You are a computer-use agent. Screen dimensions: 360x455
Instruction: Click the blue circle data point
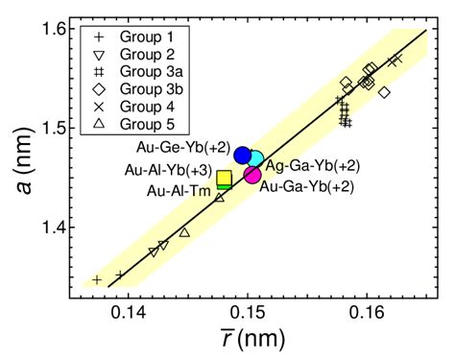pyautogui.click(x=242, y=155)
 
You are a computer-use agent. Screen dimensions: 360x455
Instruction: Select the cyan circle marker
pyautogui.click(x=254, y=158)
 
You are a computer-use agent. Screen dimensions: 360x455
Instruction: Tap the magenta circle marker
pyautogui.click(x=252, y=174)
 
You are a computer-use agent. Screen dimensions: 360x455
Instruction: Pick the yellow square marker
pyautogui.click(x=224, y=178)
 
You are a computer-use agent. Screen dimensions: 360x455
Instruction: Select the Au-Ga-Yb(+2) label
pyautogui.click(x=307, y=186)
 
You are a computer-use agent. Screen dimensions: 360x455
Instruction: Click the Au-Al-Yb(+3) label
pyautogui.click(x=170, y=170)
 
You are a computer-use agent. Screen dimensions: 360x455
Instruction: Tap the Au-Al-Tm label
pyautogui.click(x=179, y=190)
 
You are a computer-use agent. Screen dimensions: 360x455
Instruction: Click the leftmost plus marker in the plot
pyautogui.click(x=97, y=279)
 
